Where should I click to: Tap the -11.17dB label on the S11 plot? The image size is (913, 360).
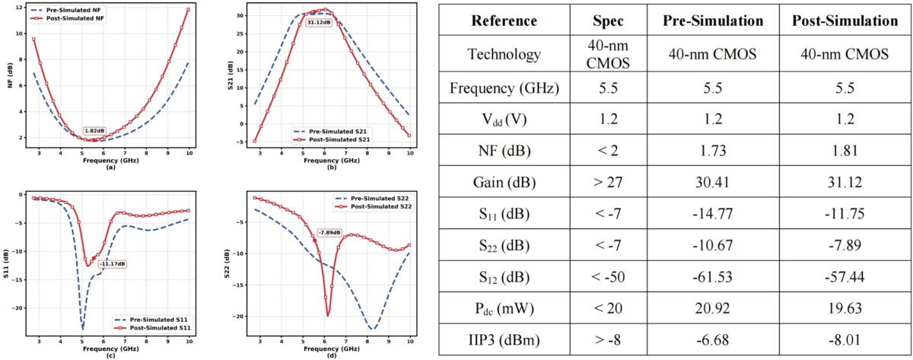click(x=112, y=263)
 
